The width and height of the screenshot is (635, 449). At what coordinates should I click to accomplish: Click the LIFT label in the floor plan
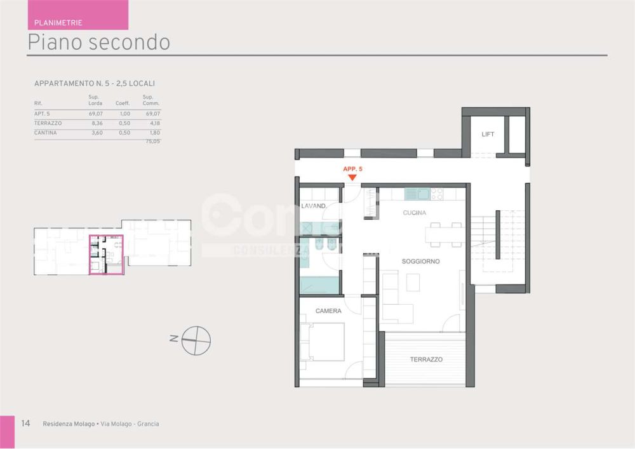click(488, 135)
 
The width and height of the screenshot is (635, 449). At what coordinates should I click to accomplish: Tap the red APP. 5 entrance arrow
click(352, 178)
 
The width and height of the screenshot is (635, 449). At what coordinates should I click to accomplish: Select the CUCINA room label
click(414, 213)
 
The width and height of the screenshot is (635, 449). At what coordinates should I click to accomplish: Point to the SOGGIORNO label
click(420, 262)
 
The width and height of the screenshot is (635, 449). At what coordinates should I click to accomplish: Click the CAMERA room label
click(328, 311)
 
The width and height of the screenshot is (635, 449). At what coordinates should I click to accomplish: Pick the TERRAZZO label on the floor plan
click(426, 359)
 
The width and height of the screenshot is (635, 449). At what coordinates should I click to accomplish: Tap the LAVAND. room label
click(314, 206)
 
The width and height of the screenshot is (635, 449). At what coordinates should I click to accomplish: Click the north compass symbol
click(196, 340)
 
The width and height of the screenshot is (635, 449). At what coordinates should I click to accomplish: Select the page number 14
click(26, 424)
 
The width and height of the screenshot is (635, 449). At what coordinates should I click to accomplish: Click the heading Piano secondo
click(98, 42)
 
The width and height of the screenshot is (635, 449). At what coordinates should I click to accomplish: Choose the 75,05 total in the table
click(152, 142)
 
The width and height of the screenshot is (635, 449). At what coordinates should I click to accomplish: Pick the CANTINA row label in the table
click(45, 133)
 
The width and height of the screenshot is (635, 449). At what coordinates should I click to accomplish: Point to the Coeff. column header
click(123, 103)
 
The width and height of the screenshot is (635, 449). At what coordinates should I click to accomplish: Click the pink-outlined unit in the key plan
click(106, 254)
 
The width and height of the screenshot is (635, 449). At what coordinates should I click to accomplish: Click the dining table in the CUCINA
click(444, 235)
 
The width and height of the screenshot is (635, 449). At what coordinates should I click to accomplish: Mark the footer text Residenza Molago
click(69, 424)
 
